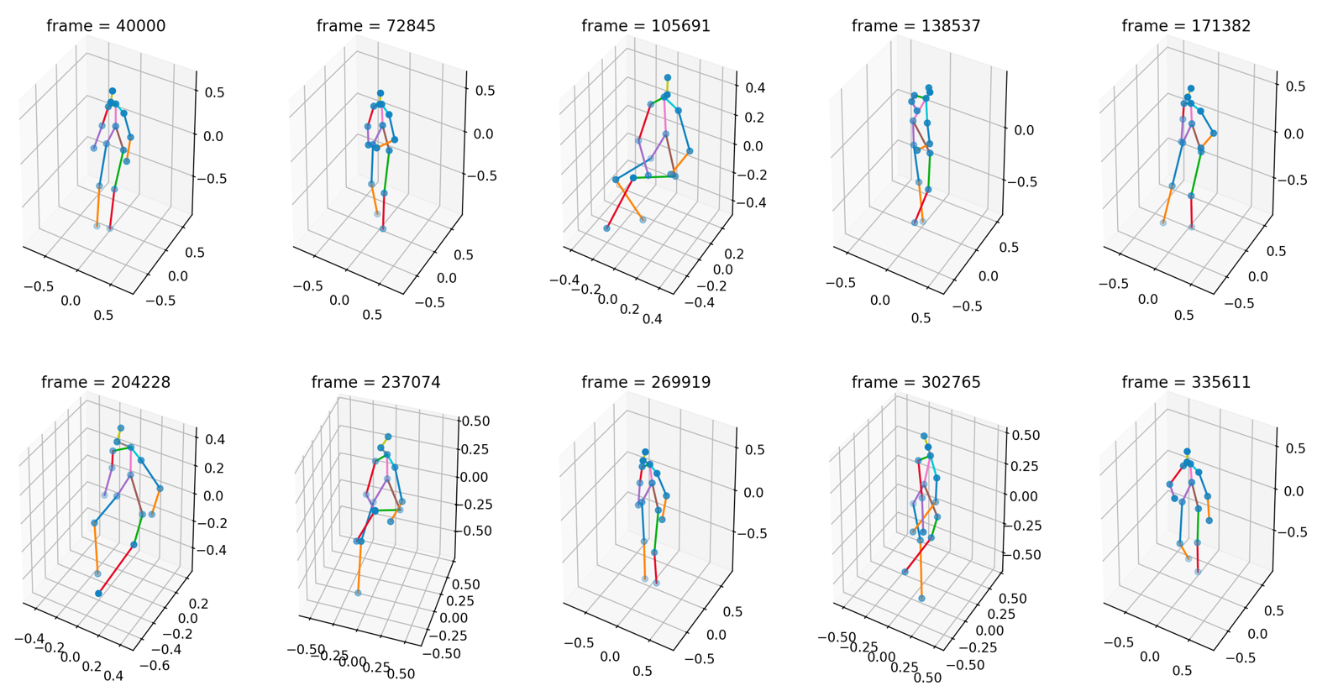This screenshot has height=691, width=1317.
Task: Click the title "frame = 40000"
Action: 106,26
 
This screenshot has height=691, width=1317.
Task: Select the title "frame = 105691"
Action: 646,26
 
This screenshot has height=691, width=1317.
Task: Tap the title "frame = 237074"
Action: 375,383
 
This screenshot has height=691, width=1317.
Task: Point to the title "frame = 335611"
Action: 1186,383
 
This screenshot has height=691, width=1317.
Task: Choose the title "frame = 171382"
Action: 1186,26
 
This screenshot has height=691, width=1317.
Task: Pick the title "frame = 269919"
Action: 646,383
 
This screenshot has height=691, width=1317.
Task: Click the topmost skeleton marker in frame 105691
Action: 668,78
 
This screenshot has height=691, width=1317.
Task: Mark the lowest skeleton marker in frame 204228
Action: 99,594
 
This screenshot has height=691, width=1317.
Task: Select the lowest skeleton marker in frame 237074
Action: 358,593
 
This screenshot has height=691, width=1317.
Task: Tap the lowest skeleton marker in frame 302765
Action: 921,599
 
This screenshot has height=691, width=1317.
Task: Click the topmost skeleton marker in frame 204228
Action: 121,428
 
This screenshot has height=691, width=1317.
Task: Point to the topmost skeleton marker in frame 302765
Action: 924,436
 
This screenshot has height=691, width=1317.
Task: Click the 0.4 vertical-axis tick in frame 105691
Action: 753,87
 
